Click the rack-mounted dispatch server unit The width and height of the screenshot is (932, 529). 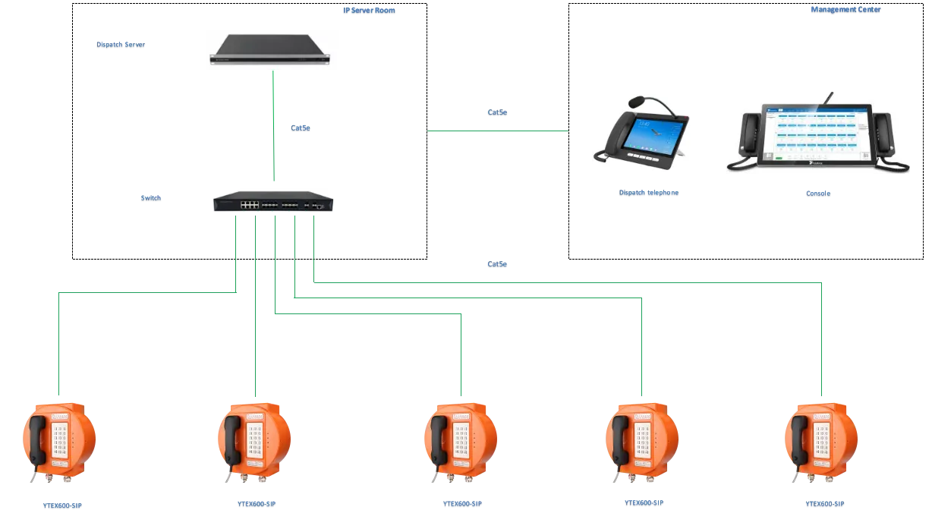coord(272,51)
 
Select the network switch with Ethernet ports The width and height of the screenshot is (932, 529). coord(276,201)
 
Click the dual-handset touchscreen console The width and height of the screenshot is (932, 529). coord(816,134)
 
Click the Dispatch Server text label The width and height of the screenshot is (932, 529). coord(121,45)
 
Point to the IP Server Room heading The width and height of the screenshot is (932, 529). coord(369,11)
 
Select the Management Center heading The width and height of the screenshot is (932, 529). coord(845,10)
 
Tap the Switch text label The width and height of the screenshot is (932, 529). coord(152,200)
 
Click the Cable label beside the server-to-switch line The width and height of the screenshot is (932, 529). coord(301,128)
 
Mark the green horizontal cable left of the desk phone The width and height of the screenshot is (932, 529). coord(497,131)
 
